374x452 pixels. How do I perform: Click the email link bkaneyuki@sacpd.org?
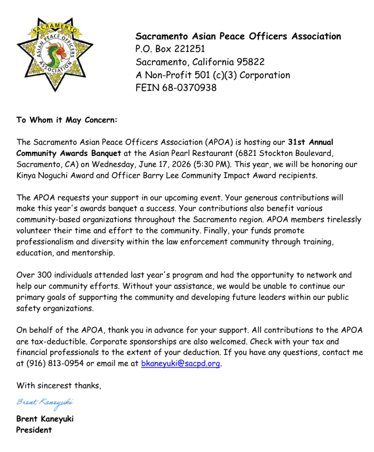pyautogui.click(x=180, y=364)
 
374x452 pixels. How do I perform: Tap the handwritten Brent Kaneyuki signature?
pyautogui.click(x=45, y=403)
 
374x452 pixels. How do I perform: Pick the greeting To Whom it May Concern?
pyautogui.click(x=67, y=120)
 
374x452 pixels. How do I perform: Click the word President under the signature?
pyautogui.click(x=34, y=429)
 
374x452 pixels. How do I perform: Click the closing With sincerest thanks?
pyautogui.click(x=59, y=385)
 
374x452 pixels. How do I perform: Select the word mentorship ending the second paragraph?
pyautogui.click(x=93, y=253)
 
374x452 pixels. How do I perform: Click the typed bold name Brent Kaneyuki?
pyautogui.click(x=45, y=419)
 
